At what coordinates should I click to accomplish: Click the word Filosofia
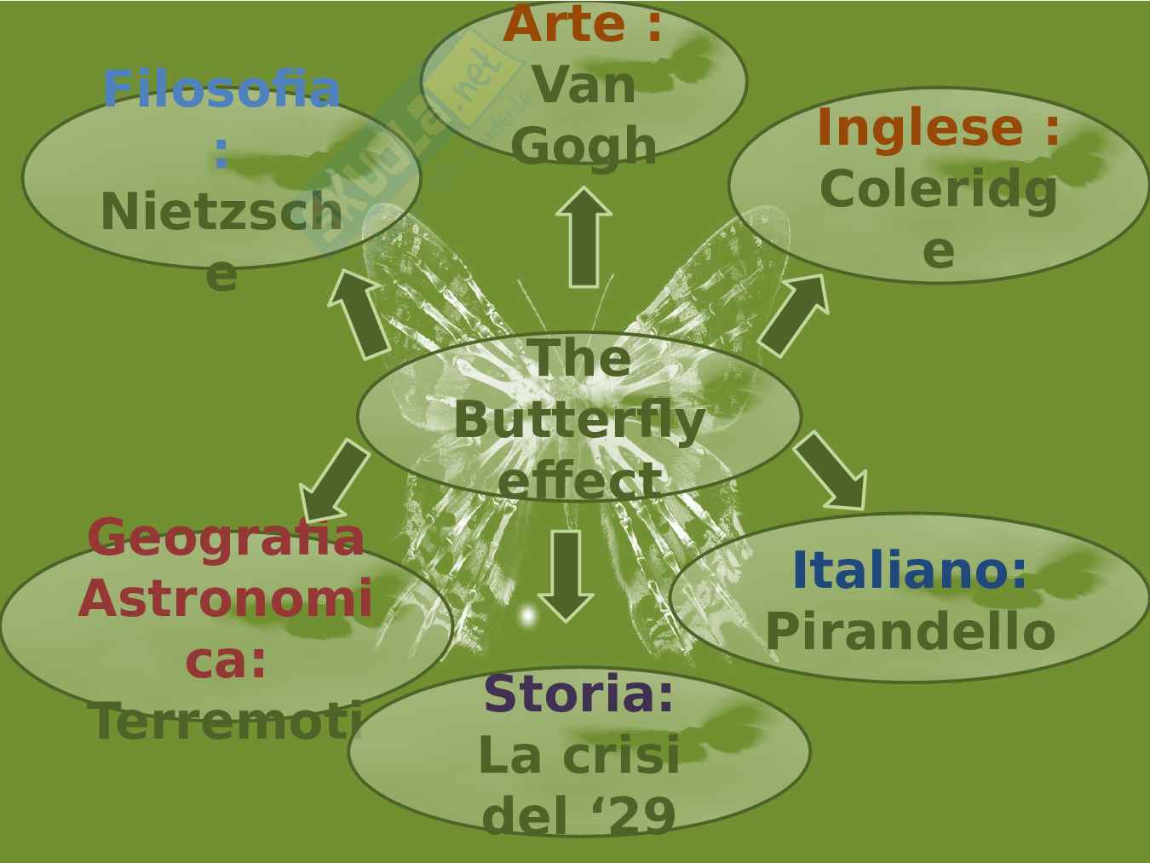221,89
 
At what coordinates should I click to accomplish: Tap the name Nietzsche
221,212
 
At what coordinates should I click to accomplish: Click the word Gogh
584,147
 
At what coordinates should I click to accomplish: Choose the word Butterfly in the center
579,420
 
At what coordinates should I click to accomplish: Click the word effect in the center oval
579,480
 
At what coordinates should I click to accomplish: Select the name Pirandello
910,632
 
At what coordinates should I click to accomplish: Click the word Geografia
226,538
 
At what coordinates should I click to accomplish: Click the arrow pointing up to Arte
584,236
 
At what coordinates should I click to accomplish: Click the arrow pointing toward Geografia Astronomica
334,480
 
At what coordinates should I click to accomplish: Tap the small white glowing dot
527,615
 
